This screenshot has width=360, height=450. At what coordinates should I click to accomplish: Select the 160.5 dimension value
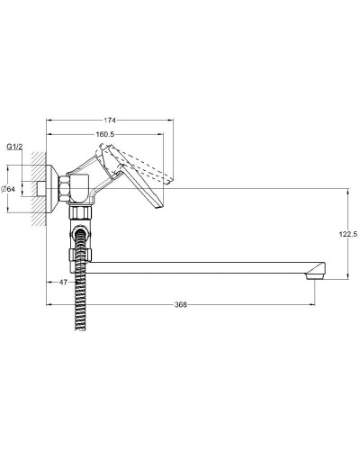point(106,134)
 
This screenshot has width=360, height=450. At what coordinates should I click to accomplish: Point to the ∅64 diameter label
point(8,187)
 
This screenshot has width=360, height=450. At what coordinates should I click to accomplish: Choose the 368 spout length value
point(181,304)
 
